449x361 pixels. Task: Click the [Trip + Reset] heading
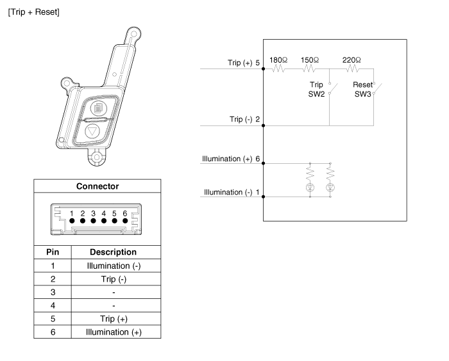coord(33,13)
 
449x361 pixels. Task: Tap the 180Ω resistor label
coord(277,60)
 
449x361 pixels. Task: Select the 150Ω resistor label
coord(310,60)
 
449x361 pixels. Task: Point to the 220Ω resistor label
coord(352,60)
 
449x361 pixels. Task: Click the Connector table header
coord(97,186)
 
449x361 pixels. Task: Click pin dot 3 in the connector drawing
coord(93,220)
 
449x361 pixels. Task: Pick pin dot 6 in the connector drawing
coord(124,220)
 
